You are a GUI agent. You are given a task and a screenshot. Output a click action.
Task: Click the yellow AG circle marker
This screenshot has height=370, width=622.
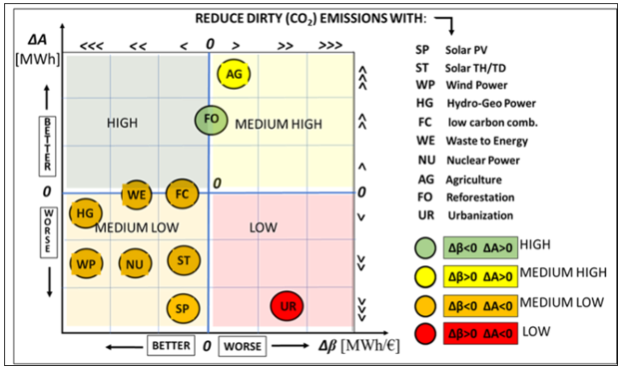234,74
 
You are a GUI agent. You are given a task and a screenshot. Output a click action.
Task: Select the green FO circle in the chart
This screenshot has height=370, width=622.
211,120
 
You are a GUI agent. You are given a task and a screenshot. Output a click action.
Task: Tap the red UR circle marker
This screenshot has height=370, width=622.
287,306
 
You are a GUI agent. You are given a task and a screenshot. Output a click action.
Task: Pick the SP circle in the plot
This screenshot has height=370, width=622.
183,308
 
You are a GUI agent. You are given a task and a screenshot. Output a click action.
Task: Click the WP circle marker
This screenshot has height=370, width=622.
86,263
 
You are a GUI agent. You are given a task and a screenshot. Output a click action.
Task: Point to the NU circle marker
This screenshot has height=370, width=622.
135,263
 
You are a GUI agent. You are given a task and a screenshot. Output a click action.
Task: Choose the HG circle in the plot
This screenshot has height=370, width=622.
85,213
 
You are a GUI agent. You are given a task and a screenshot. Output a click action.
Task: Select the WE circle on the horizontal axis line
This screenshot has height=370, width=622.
137,194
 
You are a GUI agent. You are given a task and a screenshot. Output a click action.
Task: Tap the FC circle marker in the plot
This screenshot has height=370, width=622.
182,193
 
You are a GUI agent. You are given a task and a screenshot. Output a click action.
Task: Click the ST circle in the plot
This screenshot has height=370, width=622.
184,260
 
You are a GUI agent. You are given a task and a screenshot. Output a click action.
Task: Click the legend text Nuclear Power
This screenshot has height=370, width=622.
483,161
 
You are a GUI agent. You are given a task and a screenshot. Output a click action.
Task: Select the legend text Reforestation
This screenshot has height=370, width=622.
480,197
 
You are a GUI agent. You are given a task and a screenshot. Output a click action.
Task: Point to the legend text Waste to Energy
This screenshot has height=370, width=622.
487,141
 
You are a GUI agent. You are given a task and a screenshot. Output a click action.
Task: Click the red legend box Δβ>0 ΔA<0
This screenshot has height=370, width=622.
480,333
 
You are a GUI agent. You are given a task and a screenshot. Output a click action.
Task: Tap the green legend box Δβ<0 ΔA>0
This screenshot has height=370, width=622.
480,247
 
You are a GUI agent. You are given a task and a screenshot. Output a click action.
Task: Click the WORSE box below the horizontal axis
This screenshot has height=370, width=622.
243,346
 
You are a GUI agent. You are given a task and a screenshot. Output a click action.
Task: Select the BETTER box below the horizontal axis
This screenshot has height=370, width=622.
171,345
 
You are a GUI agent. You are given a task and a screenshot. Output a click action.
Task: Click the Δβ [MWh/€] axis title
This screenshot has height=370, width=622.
359,345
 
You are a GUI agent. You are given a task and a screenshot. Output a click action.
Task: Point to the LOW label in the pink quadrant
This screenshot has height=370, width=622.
264,227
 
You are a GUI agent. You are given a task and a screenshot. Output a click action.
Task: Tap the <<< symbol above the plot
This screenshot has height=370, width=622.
92,46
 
